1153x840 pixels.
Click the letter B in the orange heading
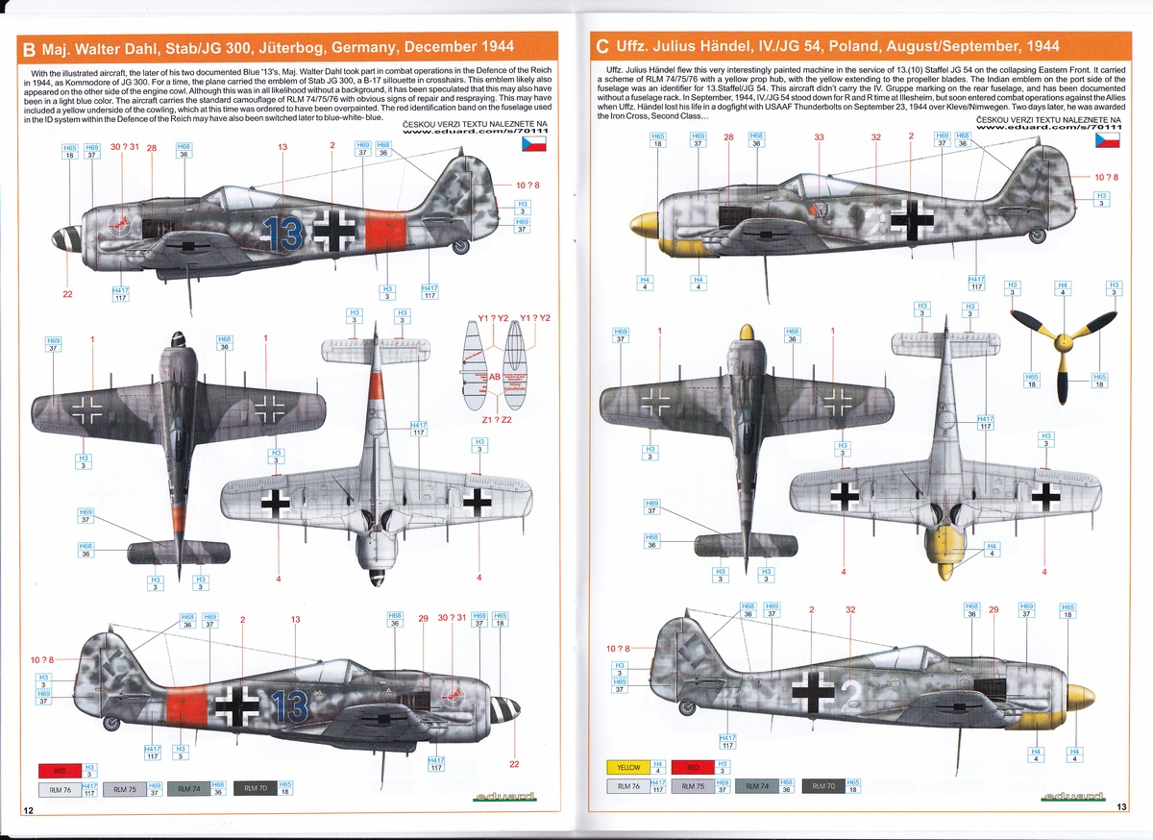pyautogui.click(x=29, y=46)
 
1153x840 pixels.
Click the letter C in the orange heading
pyautogui.click(x=602, y=46)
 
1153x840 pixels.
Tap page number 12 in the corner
pyautogui.click(x=30, y=810)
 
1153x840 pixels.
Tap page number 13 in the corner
pyautogui.click(x=1121, y=807)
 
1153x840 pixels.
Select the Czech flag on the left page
pyautogui.click(x=533, y=144)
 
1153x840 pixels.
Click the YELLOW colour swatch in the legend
pyautogui.click(x=628, y=767)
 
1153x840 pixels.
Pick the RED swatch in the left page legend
pyautogui.click(x=59, y=770)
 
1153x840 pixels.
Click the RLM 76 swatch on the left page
pyautogui.click(x=60, y=789)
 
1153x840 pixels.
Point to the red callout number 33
pyautogui.click(x=819, y=137)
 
